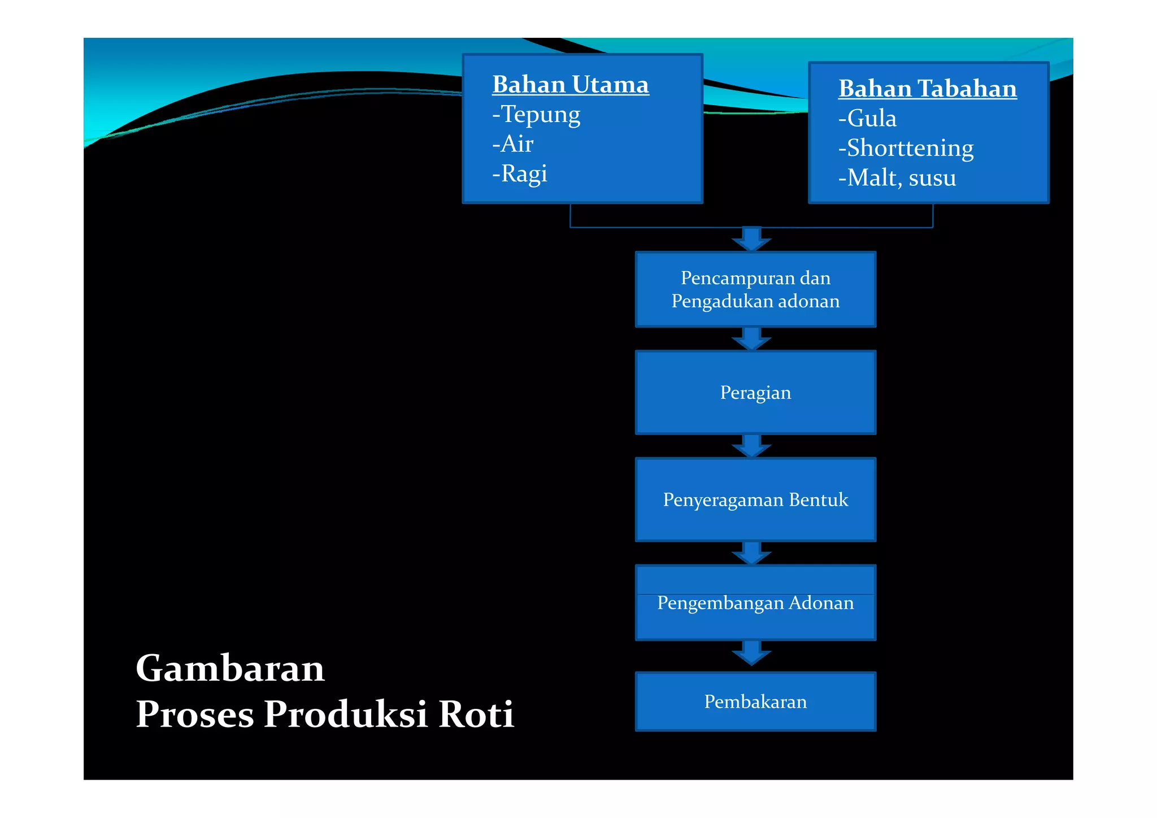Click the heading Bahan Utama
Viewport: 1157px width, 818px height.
[570, 85]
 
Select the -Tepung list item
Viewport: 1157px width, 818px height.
[536, 114]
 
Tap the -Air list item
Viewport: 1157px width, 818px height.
[512, 143]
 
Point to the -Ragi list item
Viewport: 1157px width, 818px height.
[520, 173]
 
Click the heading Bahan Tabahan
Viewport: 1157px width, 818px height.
[927, 89]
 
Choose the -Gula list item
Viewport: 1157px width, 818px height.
[867, 119]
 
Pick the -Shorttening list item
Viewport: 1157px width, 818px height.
[906, 148]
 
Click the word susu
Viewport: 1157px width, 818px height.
[932, 178]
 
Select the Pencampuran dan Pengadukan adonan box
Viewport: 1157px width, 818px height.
[755, 289]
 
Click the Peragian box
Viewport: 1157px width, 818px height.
[755, 393]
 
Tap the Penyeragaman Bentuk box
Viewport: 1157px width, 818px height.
[755, 500]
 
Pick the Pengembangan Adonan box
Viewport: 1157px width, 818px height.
[755, 603]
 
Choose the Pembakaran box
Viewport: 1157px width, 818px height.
[755, 702]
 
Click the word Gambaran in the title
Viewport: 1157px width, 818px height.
[230, 668]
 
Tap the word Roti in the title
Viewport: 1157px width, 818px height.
[476, 714]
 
